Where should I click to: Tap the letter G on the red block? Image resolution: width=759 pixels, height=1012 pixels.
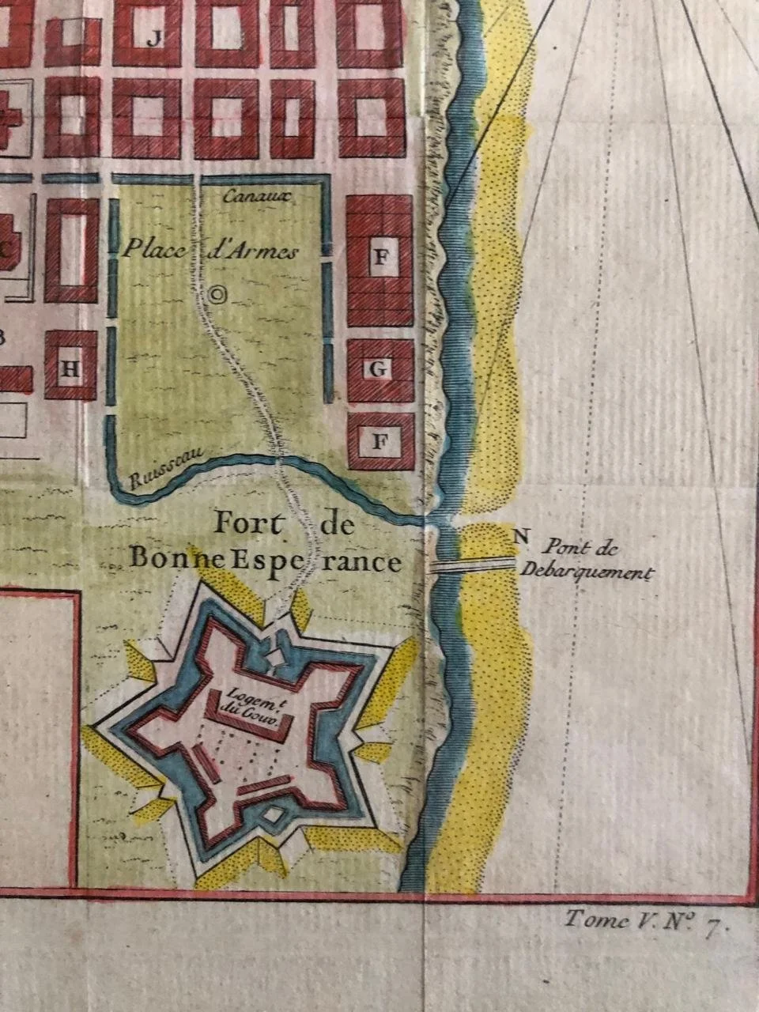pos(379,368)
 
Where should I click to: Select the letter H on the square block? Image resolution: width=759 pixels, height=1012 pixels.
pos(70,368)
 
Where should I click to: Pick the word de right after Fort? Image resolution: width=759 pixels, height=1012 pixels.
pos(337,524)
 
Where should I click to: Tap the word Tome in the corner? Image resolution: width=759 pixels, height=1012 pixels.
pos(589,920)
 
